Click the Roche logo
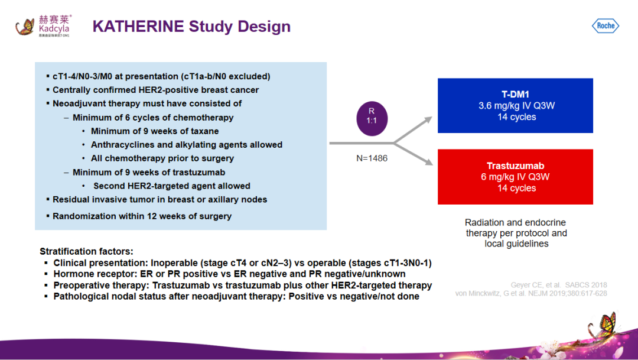pos(605,25)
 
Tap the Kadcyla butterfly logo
pos(25,27)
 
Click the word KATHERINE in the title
pos(138,27)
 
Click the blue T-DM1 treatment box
pos(515,105)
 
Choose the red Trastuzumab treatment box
pos(515,177)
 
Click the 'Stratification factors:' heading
pos(86,251)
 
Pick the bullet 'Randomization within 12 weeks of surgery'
pos(142,216)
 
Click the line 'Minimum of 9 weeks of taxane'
pos(155,131)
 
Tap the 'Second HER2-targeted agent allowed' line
pos(171,186)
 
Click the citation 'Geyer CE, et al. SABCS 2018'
pos(559,285)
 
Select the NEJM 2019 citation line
pos(531,294)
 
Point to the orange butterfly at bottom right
pos(607,324)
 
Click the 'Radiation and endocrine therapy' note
pos(516,233)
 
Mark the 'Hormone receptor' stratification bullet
pos(229,274)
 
